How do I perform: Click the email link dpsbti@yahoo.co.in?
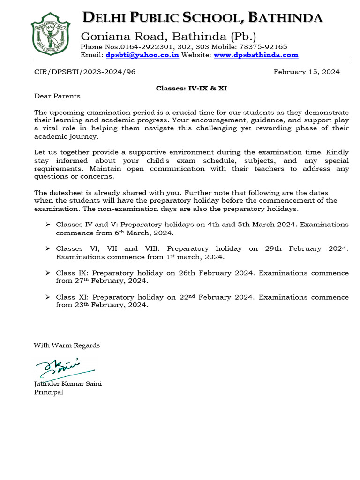point(142,55)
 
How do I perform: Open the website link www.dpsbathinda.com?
point(256,55)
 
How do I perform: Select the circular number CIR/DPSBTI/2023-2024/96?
point(85,72)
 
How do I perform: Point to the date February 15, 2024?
point(307,72)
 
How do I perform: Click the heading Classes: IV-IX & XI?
point(191,88)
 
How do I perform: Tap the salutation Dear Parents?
point(57,96)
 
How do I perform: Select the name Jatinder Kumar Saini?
point(67,383)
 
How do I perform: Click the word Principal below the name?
point(48,392)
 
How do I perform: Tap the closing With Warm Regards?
point(67,345)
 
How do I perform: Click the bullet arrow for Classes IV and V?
point(48,225)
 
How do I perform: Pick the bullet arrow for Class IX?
point(48,273)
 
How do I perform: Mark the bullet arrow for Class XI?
point(48,297)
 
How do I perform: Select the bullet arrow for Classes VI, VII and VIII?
point(48,248)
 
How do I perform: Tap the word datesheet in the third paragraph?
point(65,193)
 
